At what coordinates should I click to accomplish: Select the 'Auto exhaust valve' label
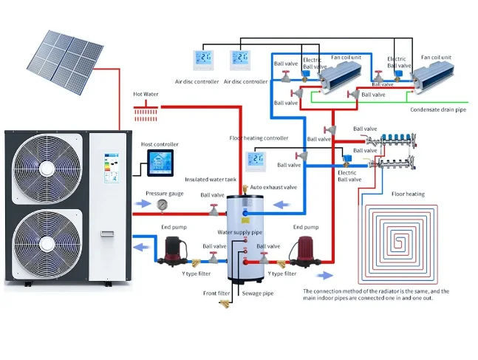[275, 188]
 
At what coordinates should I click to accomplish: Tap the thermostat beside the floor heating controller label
[256, 160]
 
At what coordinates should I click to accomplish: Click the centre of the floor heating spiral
[405, 241]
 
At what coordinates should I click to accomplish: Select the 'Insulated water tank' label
[212, 180]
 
